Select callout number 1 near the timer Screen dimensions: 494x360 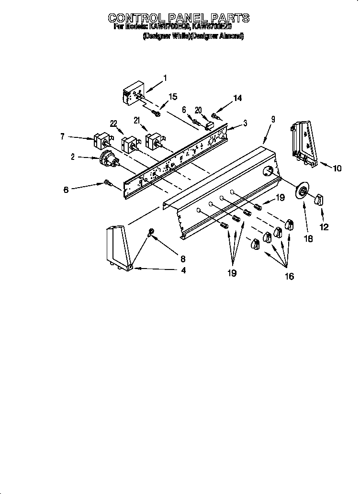(x=165, y=78)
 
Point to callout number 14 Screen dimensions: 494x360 (x=237, y=98)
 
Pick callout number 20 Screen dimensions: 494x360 (x=198, y=110)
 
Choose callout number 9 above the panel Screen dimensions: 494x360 (x=273, y=120)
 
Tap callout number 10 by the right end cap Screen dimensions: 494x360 (x=337, y=168)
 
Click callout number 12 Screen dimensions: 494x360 (x=324, y=227)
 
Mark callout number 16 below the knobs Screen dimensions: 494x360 (x=289, y=277)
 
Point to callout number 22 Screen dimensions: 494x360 (x=113, y=123)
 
